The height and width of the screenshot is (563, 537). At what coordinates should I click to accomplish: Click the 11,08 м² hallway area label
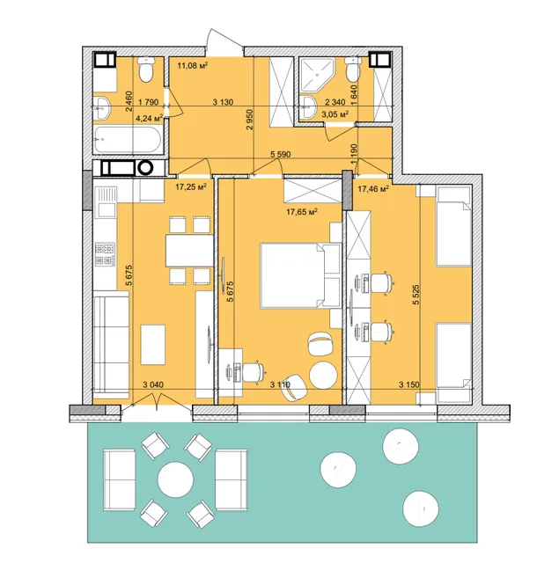[193, 65]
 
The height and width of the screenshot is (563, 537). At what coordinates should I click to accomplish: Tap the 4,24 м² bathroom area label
[150, 118]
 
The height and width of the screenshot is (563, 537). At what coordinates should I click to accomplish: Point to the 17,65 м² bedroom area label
[302, 212]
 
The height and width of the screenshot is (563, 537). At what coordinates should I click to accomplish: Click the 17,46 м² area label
[373, 188]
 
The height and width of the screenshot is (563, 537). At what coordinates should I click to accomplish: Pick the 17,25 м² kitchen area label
[191, 186]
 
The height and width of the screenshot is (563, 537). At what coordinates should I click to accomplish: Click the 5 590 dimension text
[280, 155]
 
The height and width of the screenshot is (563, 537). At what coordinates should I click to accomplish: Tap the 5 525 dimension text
[416, 295]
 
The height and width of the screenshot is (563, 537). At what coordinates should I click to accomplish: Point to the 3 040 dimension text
[153, 384]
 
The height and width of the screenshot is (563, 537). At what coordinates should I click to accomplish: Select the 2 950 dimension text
[250, 120]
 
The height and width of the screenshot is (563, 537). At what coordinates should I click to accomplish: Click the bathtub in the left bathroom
[128, 139]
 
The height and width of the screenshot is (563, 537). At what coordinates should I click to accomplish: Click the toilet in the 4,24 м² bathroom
[146, 69]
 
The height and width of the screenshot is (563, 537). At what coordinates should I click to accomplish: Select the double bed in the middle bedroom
[300, 275]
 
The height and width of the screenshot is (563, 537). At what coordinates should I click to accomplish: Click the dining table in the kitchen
[189, 250]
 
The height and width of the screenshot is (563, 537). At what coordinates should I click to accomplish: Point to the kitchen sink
[106, 201]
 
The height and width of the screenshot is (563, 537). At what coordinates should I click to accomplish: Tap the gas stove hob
[105, 254]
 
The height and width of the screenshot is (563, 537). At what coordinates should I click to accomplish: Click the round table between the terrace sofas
[175, 479]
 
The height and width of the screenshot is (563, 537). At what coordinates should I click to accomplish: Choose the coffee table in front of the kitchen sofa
[153, 345]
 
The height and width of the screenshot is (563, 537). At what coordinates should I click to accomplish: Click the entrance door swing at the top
[224, 42]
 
